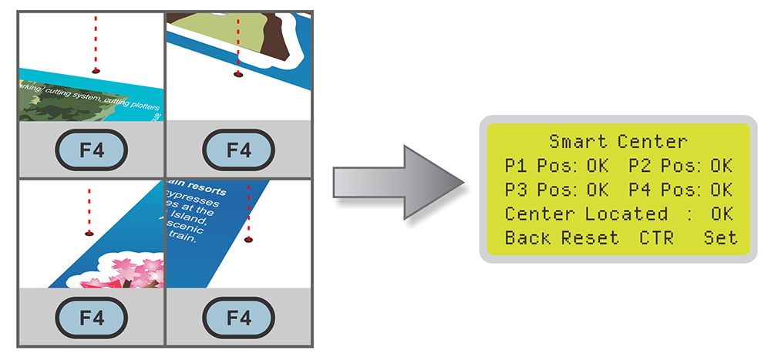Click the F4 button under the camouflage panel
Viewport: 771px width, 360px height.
click(x=89, y=150)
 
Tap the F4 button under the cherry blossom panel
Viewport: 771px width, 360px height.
click(x=89, y=317)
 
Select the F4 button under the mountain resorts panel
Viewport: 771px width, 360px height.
click(x=239, y=317)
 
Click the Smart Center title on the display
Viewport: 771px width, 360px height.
click(x=618, y=141)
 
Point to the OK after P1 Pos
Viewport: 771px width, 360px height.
click(x=598, y=165)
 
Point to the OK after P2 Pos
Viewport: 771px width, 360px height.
click(x=721, y=165)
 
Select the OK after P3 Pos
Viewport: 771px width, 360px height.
click(x=598, y=189)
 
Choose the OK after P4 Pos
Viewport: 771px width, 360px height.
click(x=721, y=189)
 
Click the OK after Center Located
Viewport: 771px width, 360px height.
click(x=721, y=214)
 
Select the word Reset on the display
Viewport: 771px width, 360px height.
click(x=590, y=237)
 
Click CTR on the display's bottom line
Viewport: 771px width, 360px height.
click(x=656, y=237)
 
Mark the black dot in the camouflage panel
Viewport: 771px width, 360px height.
click(x=96, y=70)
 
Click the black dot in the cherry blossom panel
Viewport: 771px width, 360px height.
click(x=89, y=233)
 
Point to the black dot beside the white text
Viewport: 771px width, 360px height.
click(x=247, y=239)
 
